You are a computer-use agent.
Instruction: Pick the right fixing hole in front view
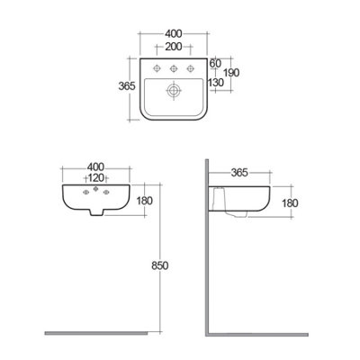(x=104, y=193)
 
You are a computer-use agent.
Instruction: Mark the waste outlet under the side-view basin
(x=239, y=216)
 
